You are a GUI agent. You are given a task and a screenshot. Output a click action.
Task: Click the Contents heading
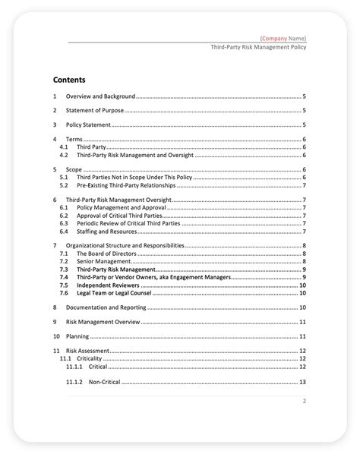(x=69, y=79)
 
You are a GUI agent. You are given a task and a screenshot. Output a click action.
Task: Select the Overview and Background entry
(x=100, y=97)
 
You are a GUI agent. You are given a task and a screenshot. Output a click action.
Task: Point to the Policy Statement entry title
(x=88, y=124)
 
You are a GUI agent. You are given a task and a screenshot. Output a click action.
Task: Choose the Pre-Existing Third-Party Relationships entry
(x=126, y=184)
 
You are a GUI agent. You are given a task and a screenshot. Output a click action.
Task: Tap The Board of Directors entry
(x=106, y=254)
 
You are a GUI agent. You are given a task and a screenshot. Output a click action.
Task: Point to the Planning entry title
(x=77, y=335)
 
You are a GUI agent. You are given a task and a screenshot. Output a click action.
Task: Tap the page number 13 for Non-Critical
(x=302, y=382)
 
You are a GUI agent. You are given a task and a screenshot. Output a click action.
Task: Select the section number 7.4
(x=64, y=277)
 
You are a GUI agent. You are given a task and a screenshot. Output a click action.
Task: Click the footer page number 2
(x=304, y=401)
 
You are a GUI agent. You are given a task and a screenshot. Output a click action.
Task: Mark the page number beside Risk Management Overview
(x=302, y=321)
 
